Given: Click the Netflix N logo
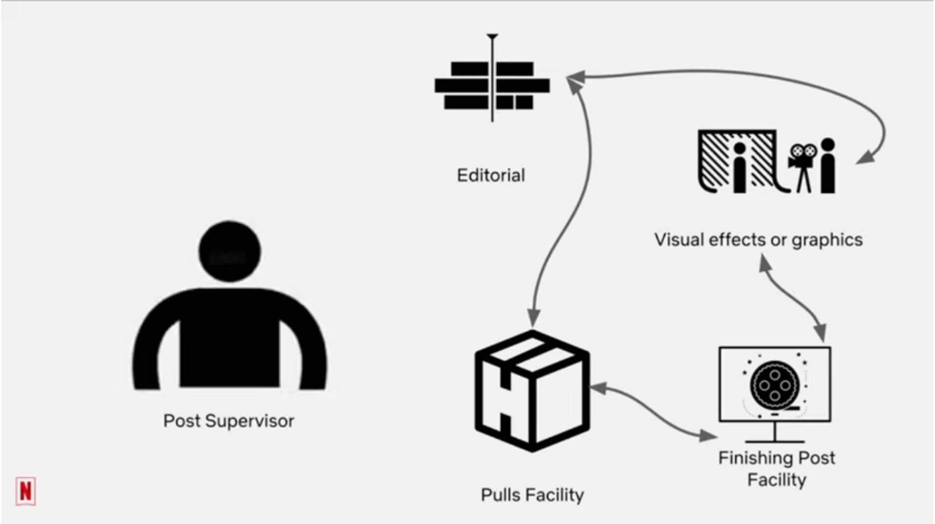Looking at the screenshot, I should point(26,491).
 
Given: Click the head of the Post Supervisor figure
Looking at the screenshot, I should point(230,251).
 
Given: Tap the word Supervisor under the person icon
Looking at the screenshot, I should point(249,421).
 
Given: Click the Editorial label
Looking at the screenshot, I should point(491,175).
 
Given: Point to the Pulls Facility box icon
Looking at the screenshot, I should point(532,391).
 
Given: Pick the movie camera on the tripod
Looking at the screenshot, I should point(803,162).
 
